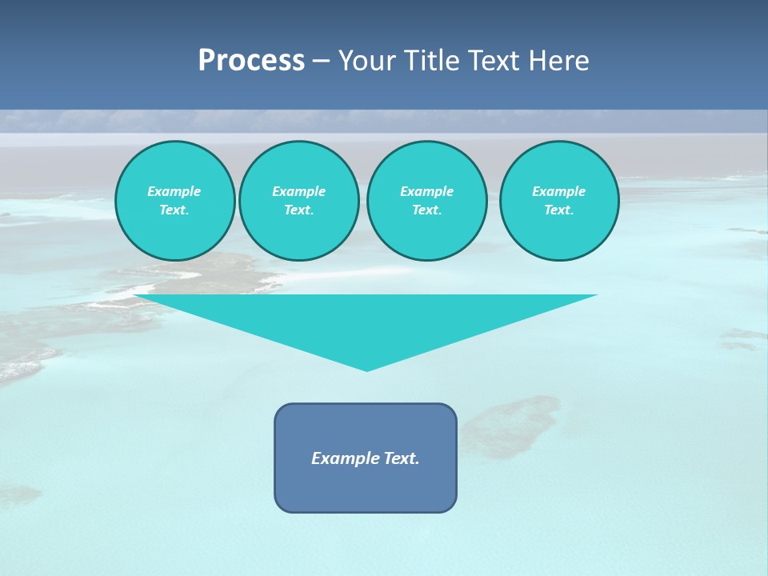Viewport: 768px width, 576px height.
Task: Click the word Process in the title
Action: tap(251, 61)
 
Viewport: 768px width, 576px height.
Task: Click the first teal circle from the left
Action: tap(174, 201)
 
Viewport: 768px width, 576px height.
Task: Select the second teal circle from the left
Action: tap(298, 201)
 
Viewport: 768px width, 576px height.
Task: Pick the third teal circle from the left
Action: tap(426, 201)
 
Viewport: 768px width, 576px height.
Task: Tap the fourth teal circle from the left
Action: tap(559, 201)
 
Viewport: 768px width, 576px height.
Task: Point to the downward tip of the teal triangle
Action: tap(366, 370)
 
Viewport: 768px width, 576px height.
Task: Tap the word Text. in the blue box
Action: tap(401, 458)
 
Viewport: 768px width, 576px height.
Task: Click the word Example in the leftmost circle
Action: tap(174, 191)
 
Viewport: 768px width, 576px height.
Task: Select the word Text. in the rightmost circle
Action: tap(559, 210)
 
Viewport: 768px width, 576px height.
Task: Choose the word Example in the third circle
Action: tap(426, 191)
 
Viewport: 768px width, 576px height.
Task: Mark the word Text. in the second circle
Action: tap(298, 210)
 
